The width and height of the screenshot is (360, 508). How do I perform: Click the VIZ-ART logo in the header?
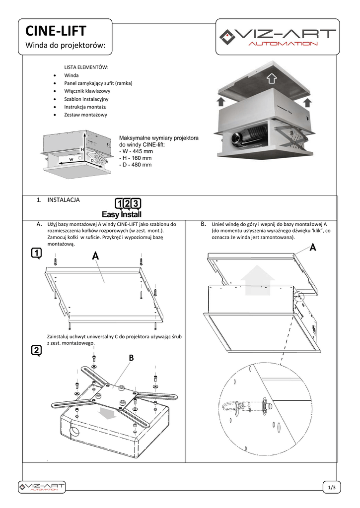pyautogui.click(x=278, y=37)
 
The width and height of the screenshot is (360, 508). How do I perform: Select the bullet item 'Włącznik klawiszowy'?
pyautogui.click(x=87, y=91)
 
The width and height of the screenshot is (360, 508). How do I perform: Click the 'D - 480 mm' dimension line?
pyautogui.click(x=135, y=165)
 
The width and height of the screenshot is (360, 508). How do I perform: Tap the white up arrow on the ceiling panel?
pyautogui.click(x=271, y=78)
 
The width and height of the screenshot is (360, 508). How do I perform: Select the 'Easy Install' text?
pyautogui.click(x=122, y=215)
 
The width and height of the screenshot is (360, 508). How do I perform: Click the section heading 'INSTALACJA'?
pyautogui.click(x=64, y=200)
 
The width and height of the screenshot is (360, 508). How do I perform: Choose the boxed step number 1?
pyautogui.click(x=36, y=254)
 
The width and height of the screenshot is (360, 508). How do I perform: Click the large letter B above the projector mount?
pyautogui.click(x=132, y=358)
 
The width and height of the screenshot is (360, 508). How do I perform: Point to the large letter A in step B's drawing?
pyautogui.click(x=313, y=248)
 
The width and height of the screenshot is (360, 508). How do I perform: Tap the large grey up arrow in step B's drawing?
pyautogui.click(x=258, y=279)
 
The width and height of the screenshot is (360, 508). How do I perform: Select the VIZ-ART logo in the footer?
pyautogui.click(x=42, y=487)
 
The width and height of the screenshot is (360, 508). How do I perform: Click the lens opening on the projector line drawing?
pyautogui.click(x=74, y=431)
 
